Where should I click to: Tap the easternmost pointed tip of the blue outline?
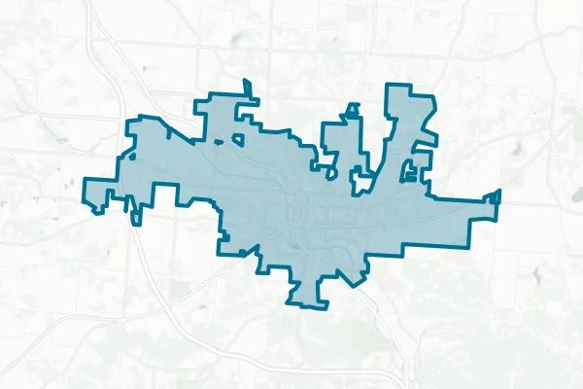coord(499,192)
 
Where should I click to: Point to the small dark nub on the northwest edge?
coord(125,156)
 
